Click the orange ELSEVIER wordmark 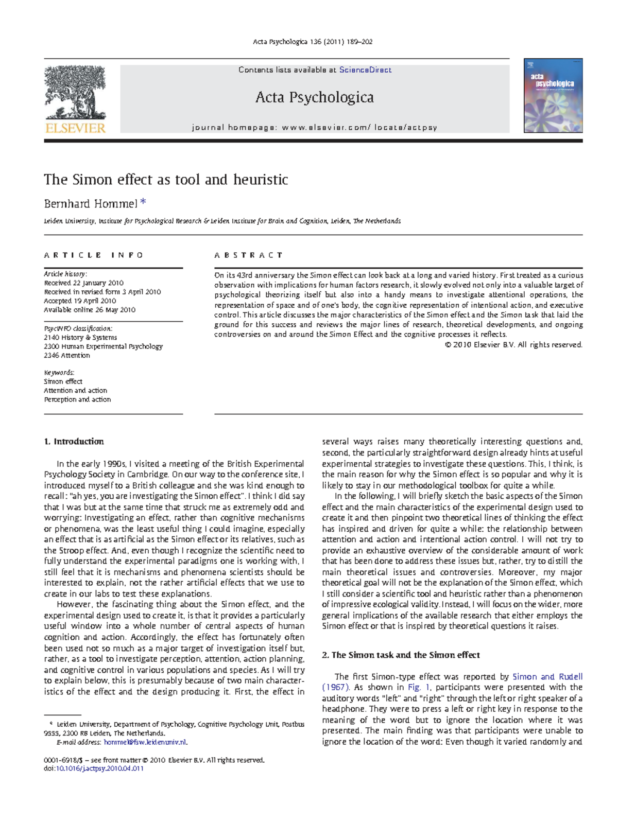75,128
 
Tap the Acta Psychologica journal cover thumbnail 553,96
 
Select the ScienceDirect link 365,70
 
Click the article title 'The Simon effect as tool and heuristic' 166,180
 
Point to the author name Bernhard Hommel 91,204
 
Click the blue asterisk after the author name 143,202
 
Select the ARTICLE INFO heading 94,255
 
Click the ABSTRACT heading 249,255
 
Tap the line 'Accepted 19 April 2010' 80,301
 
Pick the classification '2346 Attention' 67,355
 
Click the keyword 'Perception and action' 77,399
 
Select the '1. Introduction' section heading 74,442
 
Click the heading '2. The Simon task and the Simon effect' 401,655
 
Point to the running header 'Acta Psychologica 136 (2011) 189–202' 313,42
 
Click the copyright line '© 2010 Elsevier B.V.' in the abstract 513,345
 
